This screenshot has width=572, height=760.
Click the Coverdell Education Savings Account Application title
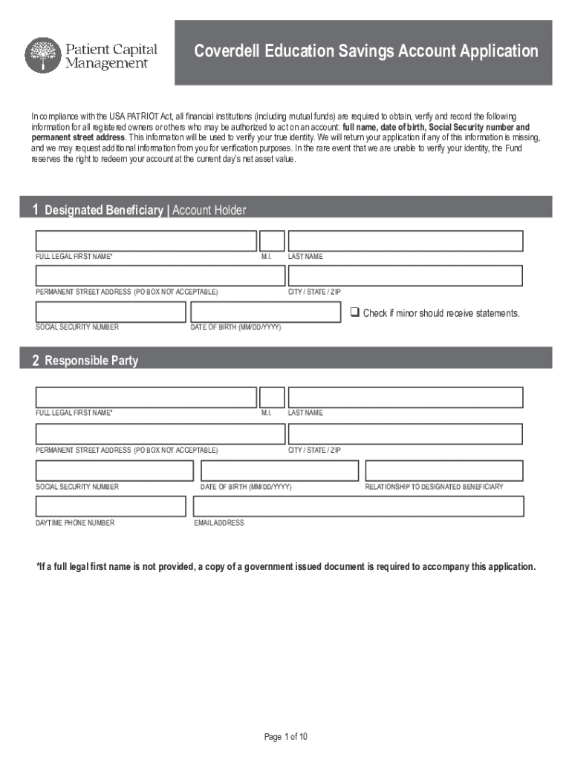click(365, 51)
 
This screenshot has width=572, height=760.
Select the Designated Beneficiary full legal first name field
click(146, 241)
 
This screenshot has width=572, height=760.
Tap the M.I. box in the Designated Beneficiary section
click(272, 241)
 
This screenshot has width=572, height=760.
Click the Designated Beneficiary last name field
click(406, 241)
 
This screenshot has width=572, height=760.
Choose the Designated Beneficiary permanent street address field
click(160, 276)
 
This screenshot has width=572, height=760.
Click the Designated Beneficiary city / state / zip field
click(406, 276)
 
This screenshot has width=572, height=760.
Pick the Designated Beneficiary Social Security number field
click(111, 312)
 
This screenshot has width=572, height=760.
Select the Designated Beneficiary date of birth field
click(266, 312)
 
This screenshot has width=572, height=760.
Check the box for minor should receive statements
click(355, 312)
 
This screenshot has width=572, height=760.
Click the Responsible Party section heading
click(91, 361)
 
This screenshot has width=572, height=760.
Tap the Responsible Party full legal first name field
click(146, 397)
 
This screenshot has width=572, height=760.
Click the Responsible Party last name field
click(406, 397)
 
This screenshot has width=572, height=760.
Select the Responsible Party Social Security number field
click(114, 471)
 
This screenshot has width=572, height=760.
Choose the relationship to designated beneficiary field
click(444, 471)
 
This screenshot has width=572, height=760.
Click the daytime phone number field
click(111, 506)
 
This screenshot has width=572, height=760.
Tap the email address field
click(358, 506)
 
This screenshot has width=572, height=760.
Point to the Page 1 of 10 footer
click(286, 737)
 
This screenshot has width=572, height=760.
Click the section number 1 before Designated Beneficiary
click(36, 210)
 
